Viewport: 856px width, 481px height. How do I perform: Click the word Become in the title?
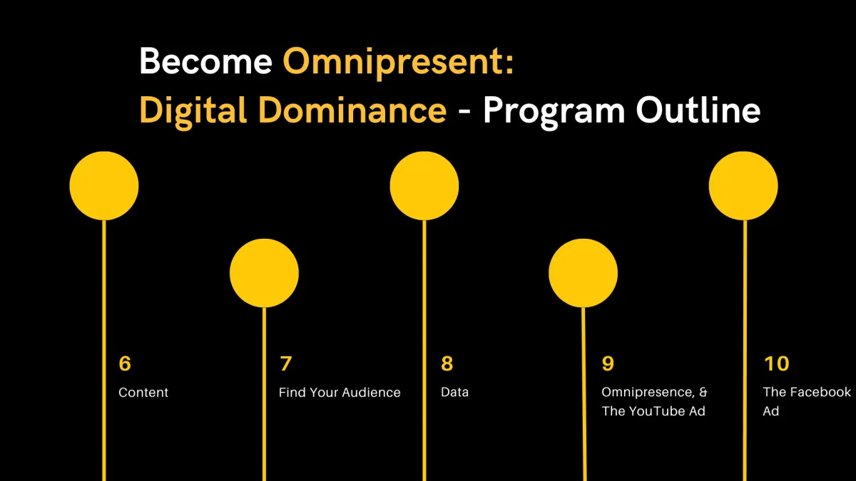click(205, 61)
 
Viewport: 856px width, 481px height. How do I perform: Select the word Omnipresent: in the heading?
click(398, 63)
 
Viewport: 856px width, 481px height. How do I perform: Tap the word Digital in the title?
click(193, 111)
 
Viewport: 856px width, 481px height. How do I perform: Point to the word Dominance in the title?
click(352, 110)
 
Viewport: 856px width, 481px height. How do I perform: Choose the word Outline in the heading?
click(698, 110)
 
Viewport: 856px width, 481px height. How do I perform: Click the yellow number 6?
click(125, 363)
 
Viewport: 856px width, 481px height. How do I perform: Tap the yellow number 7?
click(286, 363)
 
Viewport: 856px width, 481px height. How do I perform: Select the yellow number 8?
click(447, 363)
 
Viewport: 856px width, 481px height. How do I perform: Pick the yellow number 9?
click(608, 363)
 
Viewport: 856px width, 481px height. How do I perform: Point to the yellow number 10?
click(777, 363)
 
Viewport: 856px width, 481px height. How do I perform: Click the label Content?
click(143, 393)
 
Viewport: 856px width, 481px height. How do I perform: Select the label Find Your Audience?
click(340, 393)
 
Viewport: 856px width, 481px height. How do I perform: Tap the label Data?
click(455, 392)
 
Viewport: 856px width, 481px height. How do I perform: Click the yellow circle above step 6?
click(104, 186)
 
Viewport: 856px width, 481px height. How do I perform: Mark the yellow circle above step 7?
click(264, 274)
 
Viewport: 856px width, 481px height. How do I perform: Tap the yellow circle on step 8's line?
click(424, 186)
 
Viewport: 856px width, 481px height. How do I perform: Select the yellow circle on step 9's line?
click(584, 274)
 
